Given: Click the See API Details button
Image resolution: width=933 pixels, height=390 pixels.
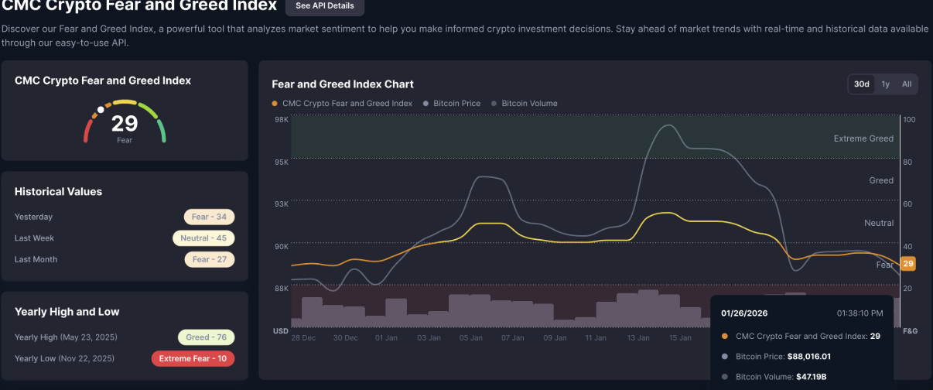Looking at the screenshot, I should (324, 6).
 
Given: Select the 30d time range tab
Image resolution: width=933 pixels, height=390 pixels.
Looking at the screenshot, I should (861, 84).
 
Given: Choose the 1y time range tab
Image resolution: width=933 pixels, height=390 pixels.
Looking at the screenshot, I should (885, 84).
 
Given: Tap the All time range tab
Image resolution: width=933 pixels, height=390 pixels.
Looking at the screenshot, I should (906, 84).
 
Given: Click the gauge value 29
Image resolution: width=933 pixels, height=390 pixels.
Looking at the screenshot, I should (124, 123).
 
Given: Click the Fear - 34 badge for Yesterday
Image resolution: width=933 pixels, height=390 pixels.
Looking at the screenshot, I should (209, 217).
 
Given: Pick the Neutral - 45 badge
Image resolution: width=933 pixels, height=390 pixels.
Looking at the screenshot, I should (203, 238).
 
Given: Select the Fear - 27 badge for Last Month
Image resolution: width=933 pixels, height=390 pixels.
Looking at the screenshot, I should (209, 259).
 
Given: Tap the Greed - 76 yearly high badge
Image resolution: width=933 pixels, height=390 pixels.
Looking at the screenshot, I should (206, 337).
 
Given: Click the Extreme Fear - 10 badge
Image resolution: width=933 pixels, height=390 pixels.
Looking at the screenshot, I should (193, 358).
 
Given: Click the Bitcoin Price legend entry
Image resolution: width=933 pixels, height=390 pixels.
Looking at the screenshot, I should (456, 103).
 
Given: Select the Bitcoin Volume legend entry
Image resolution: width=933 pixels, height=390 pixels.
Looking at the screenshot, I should (529, 103).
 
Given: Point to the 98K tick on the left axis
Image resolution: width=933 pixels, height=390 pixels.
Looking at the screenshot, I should (281, 120).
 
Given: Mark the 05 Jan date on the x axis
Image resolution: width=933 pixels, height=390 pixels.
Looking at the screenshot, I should (470, 338).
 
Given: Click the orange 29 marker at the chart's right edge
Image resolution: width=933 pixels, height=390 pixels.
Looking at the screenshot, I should (908, 264).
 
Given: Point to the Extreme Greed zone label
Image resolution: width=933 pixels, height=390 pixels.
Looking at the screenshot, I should (863, 139).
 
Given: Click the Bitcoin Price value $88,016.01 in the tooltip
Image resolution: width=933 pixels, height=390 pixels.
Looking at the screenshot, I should (808, 357).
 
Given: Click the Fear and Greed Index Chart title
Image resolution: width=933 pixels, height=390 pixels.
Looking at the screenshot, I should (343, 84).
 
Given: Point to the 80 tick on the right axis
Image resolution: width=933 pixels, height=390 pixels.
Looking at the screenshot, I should (909, 162).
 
